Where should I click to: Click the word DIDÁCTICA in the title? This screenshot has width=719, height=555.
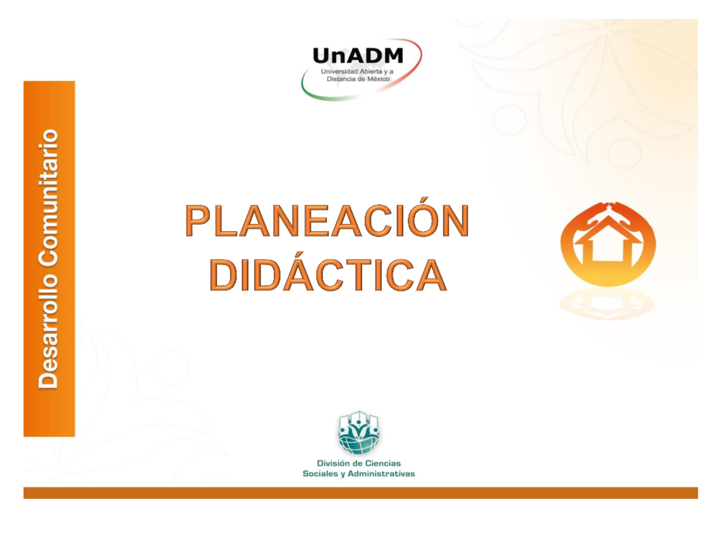[328, 275]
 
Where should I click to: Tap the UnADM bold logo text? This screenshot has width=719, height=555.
[358, 57]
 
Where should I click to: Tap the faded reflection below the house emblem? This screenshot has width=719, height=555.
[608, 304]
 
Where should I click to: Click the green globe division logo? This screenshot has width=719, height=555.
[359, 433]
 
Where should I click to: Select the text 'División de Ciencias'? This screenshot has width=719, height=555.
[359, 463]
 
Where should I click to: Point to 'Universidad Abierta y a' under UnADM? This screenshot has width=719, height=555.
[358, 71]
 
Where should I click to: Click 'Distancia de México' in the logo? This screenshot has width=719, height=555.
[358, 78]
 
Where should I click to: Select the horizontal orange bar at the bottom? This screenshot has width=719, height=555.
[359, 493]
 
